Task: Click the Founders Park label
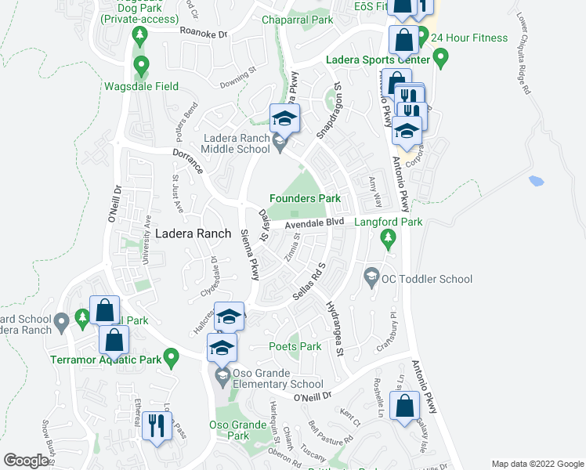point(305,199)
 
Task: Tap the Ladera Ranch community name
point(193,233)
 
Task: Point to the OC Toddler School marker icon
point(371,277)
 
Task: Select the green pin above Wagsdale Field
point(141,64)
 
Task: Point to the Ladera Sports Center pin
point(440,56)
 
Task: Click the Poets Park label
point(295,346)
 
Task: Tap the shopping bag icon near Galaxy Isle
point(404,407)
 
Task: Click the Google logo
point(26,461)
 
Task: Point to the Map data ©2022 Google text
point(536,464)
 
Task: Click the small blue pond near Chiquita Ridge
point(536,181)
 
